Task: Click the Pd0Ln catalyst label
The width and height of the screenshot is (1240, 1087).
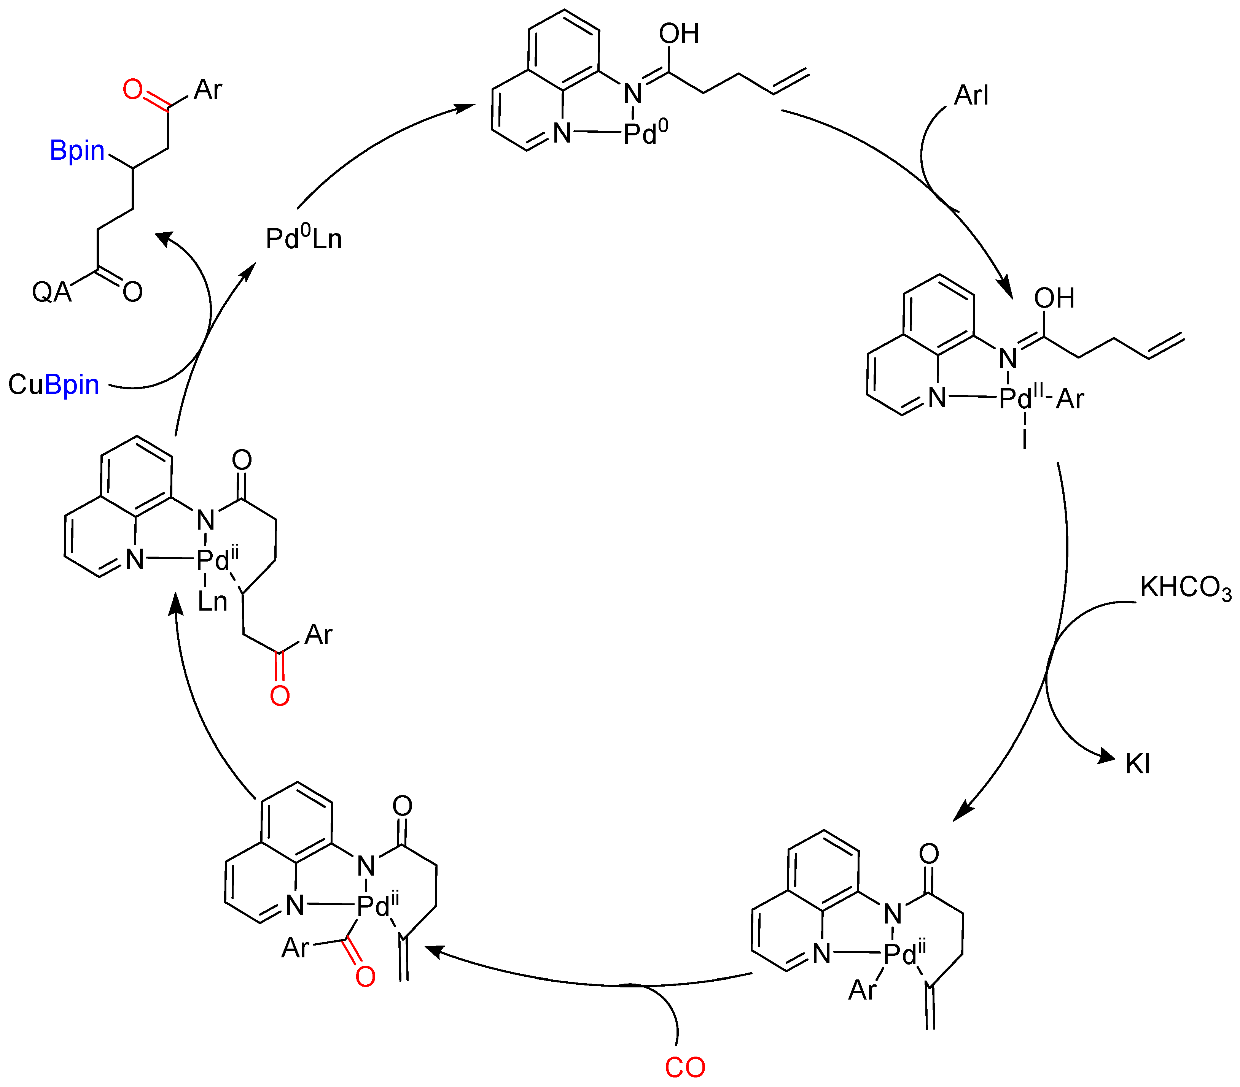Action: pos(303,239)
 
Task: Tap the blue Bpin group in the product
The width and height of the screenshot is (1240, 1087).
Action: pos(77,150)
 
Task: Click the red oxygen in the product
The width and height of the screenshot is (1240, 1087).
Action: pos(132,90)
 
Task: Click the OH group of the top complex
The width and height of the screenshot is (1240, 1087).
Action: pos(679,34)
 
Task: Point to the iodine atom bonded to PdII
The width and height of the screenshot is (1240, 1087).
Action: pos(1025,439)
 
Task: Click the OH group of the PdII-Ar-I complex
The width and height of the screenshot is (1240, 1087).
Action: pos(1054,298)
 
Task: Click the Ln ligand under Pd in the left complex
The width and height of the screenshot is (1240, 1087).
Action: pos(212,602)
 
